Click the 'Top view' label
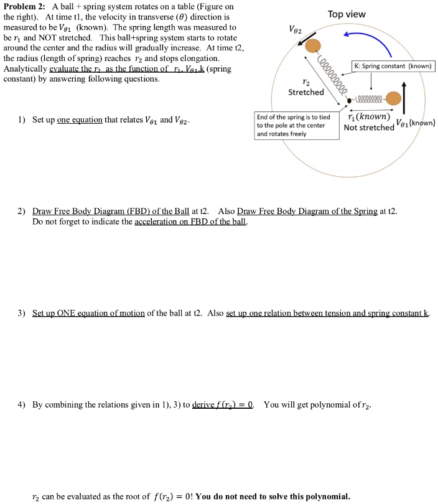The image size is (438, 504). (x=347, y=14)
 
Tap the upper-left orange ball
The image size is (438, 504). (x=314, y=45)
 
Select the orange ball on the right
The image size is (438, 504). (x=393, y=98)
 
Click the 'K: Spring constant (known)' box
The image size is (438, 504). (x=393, y=66)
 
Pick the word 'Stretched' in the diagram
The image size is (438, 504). (x=306, y=92)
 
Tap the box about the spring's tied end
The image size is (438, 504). (x=298, y=125)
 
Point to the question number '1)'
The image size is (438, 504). (x=21, y=120)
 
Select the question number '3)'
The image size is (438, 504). (x=21, y=312)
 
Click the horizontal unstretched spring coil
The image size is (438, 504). (x=371, y=99)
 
